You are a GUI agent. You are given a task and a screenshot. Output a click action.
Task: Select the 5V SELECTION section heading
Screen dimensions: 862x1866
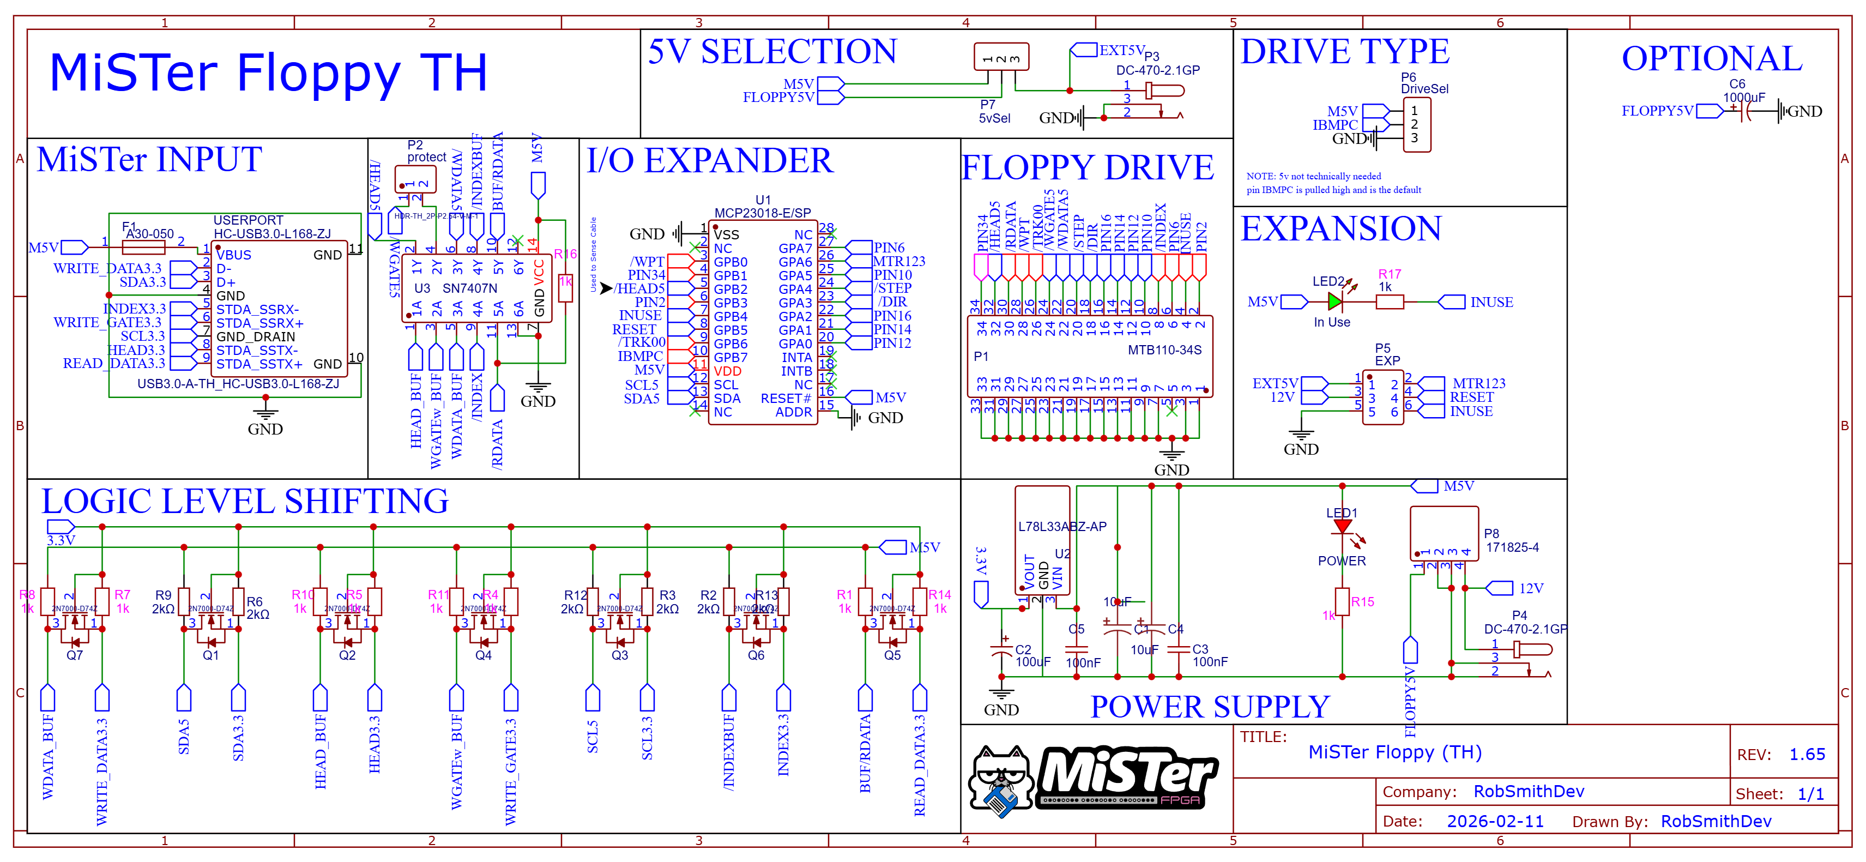click(x=772, y=52)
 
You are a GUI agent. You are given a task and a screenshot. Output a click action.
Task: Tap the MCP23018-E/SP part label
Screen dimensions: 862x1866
click(x=762, y=213)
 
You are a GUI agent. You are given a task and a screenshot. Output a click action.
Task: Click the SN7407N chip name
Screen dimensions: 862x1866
click(x=469, y=288)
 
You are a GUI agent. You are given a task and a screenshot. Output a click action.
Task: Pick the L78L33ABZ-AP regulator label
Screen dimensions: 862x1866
click(x=1062, y=527)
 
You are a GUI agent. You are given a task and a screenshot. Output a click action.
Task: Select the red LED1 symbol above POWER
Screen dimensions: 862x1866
click(x=1342, y=527)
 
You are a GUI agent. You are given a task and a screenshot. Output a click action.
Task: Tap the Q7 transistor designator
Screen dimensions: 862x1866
click(x=75, y=655)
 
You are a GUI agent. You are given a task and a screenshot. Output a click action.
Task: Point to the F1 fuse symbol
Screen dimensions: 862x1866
click(x=143, y=248)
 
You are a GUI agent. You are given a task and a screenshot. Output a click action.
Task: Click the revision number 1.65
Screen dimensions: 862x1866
click(x=1807, y=754)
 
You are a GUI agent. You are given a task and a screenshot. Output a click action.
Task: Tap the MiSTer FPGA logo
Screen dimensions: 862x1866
click(x=1094, y=780)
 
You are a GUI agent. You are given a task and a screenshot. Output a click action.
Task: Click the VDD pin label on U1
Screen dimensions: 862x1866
click(x=727, y=371)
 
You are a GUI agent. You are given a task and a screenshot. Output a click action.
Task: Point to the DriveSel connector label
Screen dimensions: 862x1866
click(x=1424, y=89)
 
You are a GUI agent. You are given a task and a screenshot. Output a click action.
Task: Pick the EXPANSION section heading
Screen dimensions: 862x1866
click(x=1341, y=229)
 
